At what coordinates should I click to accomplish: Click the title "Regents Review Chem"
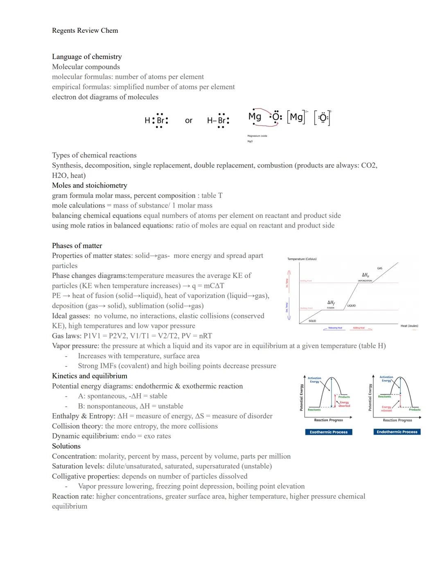(x=85, y=31)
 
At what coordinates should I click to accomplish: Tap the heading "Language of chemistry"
(x=87, y=57)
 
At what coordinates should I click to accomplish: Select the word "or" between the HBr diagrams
(x=188, y=120)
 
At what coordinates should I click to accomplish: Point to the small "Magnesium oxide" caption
(x=257, y=136)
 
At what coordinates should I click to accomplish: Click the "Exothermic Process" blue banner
(x=328, y=432)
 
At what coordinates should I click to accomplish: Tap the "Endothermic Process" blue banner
(x=397, y=432)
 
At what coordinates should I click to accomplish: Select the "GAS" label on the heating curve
(x=380, y=268)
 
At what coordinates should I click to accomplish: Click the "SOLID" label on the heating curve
(x=312, y=321)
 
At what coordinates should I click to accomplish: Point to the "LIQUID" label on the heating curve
(x=351, y=306)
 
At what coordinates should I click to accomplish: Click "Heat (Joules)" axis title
(x=409, y=326)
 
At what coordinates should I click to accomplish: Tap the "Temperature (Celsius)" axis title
(x=302, y=259)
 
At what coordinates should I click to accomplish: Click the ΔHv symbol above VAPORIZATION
(x=365, y=275)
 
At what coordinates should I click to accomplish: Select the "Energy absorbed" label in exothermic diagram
(x=344, y=404)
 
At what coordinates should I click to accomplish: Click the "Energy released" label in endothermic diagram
(x=386, y=409)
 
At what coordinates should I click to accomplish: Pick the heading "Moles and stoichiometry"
(x=89, y=185)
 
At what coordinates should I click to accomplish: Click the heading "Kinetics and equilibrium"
(x=89, y=376)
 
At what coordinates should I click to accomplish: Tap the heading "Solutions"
(x=66, y=446)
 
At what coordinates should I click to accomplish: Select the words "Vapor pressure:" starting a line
(x=75, y=346)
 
